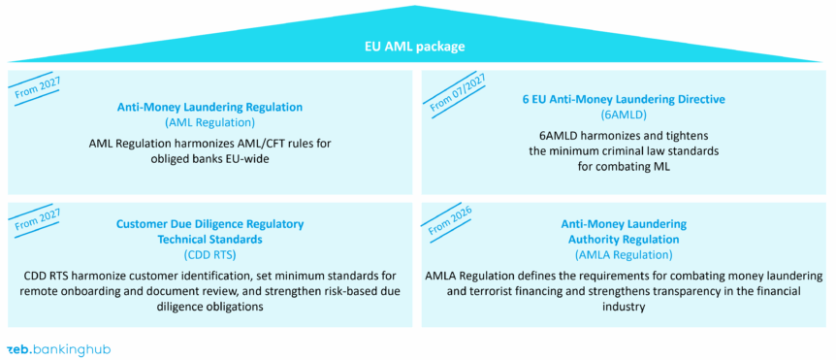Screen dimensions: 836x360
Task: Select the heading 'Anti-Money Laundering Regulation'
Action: (x=209, y=107)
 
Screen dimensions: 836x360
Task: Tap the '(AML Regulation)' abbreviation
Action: (x=209, y=122)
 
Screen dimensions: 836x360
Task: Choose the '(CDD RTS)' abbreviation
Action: (x=209, y=255)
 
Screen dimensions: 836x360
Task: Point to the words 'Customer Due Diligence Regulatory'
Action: (x=209, y=224)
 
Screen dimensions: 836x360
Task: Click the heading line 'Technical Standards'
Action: (x=209, y=239)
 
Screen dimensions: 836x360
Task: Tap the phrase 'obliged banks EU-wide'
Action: (x=209, y=159)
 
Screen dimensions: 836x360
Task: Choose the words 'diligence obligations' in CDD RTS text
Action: (x=209, y=306)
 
